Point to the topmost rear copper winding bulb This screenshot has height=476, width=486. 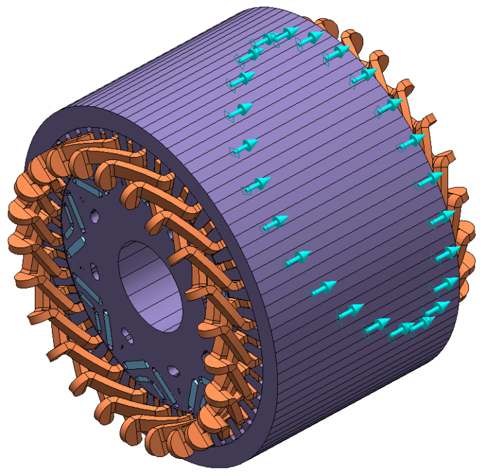pyautogui.click(x=329, y=25)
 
